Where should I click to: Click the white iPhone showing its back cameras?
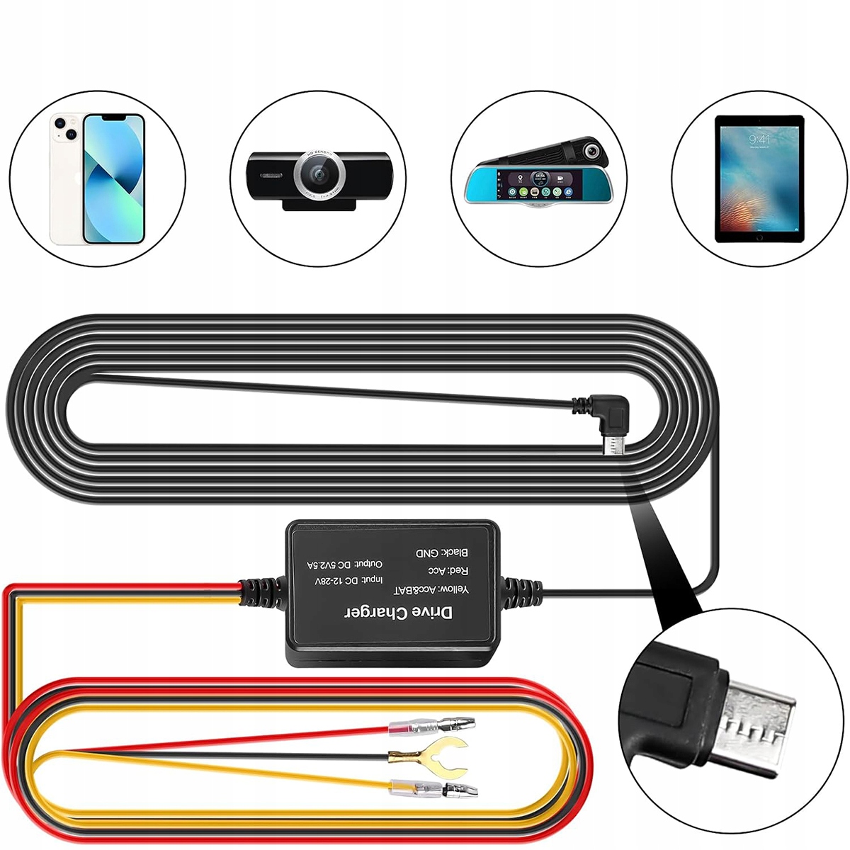click(67, 177)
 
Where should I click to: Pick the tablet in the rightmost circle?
click(759, 178)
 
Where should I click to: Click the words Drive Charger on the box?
click(398, 613)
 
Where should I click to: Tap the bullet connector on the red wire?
click(432, 725)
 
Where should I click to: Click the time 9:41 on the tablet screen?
click(759, 140)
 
